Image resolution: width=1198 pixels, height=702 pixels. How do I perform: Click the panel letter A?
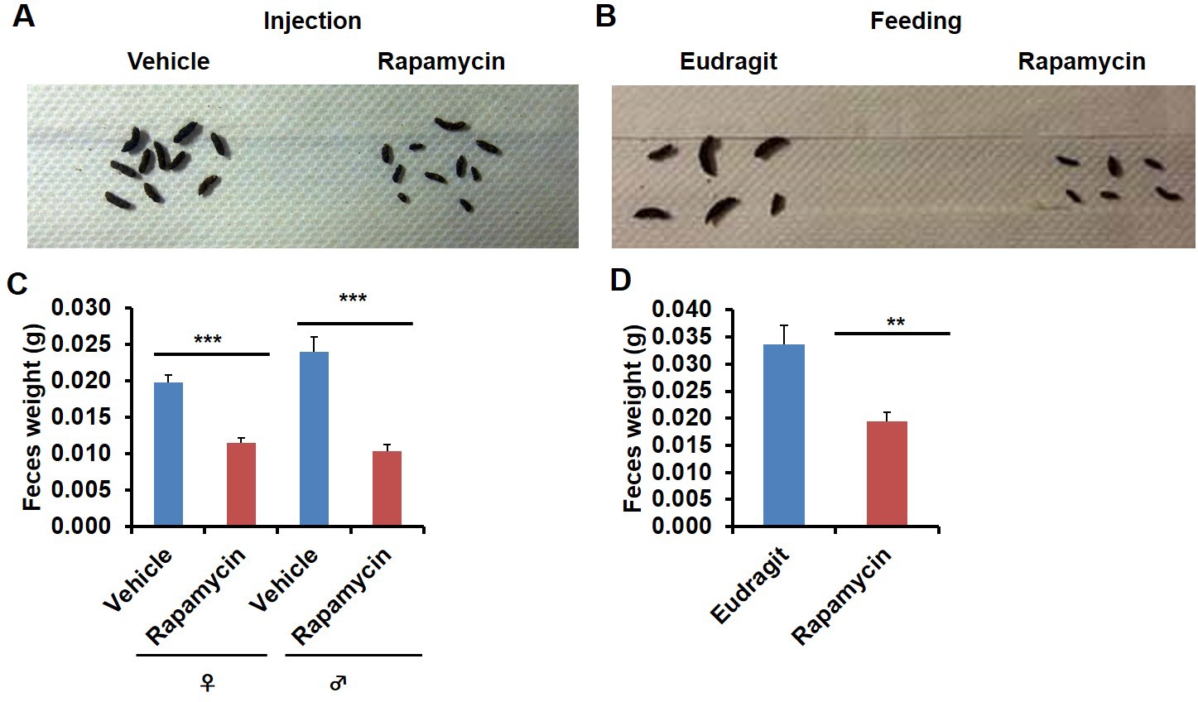(x=24, y=16)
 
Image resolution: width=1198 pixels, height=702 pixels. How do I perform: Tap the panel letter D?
(x=620, y=281)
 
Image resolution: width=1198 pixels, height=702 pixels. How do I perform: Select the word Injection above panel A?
(x=312, y=21)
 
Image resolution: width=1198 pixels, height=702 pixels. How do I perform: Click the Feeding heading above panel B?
(x=915, y=21)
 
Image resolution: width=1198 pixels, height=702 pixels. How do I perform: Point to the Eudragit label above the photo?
(x=729, y=61)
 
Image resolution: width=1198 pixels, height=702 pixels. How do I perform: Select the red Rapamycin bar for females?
(x=242, y=484)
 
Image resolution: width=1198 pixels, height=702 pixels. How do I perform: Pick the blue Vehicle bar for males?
(x=314, y=439)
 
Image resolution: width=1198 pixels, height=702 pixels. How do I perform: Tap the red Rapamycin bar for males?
(x=387, y=488)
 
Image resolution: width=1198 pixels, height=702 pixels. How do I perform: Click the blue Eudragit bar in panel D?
(x=784, y=435)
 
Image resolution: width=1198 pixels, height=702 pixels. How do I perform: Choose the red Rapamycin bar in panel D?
(x=887, y=474)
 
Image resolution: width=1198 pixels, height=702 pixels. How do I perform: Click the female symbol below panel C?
(x=206, y=683)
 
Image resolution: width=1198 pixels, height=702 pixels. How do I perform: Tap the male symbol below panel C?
(x=338, y=683)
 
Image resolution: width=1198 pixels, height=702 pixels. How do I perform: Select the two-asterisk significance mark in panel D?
(x=895, y=323)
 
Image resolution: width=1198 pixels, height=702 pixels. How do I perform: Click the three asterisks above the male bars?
(x=353, y=298)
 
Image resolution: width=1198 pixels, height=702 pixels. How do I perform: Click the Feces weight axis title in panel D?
(x=633, y=418)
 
